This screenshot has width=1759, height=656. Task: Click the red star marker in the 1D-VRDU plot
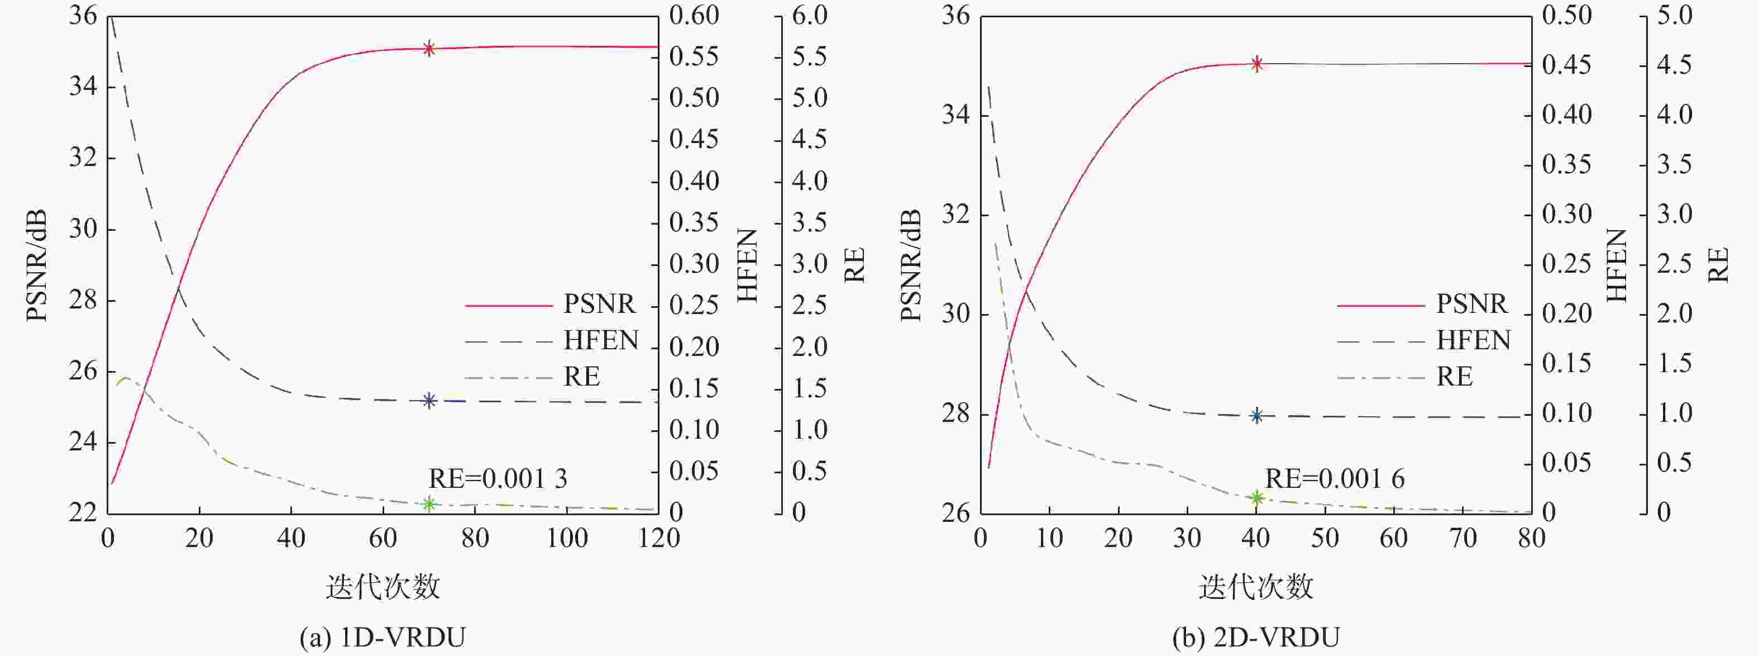[x=429, y=48]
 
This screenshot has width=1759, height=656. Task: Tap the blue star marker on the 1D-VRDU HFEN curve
[x=429, y=401]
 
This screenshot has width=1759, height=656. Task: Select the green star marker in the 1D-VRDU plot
[x=429, y=505]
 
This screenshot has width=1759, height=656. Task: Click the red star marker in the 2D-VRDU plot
[x=1256, y=64]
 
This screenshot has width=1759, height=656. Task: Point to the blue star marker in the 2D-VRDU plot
[x=1256, y=416]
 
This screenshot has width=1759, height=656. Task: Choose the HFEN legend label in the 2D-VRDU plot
[x=1473, y=340]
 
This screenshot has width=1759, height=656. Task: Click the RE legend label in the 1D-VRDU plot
[x=581, y=377]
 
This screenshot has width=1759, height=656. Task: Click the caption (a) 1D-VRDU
[x=383, y=638]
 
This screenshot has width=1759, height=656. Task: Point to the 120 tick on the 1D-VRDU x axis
[x=659, y=539]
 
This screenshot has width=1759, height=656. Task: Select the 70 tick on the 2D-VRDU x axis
[x=1462, y=539]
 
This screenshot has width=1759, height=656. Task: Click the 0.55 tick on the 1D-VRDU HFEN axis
[x=694, y=57]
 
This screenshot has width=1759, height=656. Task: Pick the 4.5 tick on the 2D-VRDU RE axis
[x=1674, y=65]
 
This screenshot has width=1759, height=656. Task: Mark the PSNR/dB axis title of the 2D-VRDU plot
[x=910, y=265]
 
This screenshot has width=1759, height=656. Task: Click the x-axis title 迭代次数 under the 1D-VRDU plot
[x=383, y=586]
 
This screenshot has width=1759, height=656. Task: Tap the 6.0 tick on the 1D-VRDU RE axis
[x=810, y=15]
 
